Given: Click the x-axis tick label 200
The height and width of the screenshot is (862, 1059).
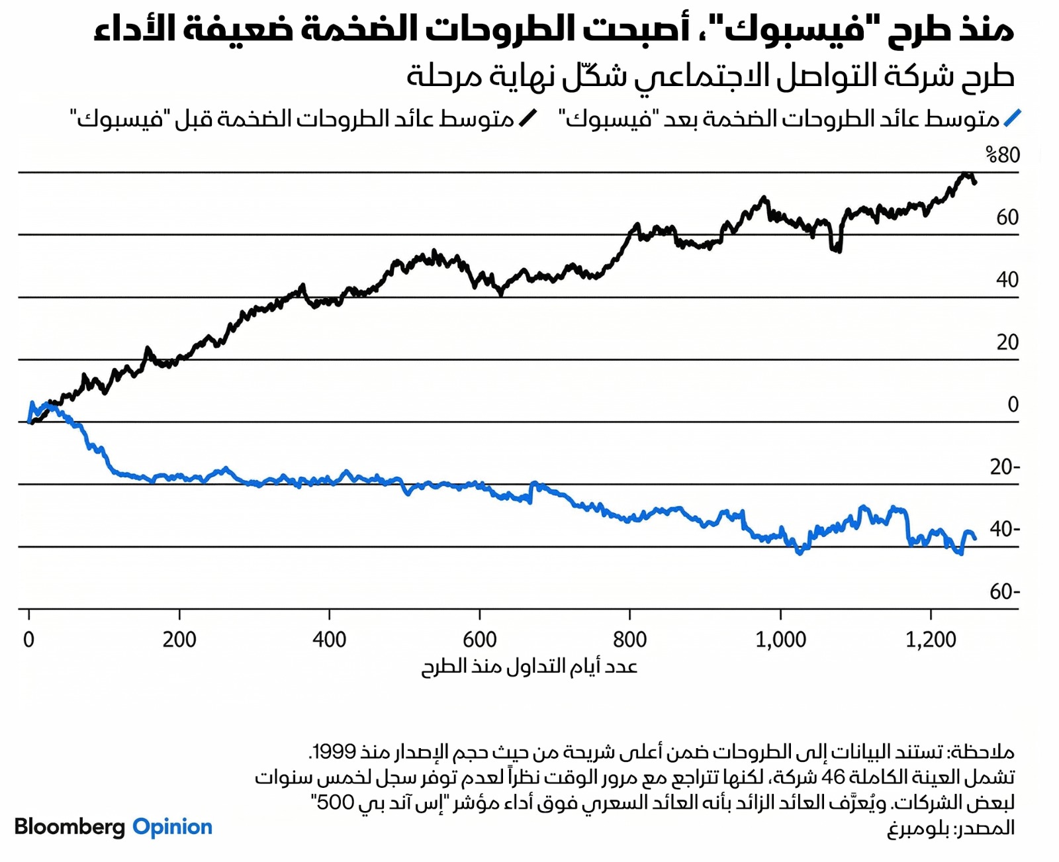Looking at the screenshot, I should (x=179, y=640).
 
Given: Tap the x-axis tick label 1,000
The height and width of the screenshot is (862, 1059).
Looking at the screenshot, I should (x=781, y=640).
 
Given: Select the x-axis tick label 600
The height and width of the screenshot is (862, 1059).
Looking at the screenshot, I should (x=480, y=640).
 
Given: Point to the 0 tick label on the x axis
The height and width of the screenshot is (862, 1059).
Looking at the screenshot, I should (x=28, y=640).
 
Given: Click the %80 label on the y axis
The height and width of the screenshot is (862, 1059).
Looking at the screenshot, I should (x=1003, y=155).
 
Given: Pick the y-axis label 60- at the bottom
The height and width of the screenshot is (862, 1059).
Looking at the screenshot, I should (x=1005, y=591).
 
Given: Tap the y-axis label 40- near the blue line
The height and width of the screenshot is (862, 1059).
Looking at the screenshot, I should (x=1005, y=529).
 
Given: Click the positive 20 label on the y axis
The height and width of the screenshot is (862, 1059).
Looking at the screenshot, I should (x=1007, y=342).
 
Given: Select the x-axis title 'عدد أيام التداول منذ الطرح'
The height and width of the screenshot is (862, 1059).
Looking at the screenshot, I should (x=529, y=666).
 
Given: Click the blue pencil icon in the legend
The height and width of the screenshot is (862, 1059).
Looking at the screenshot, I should (x=1012, y=119).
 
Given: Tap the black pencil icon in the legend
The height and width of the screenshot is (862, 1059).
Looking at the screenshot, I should (x=528, y=119).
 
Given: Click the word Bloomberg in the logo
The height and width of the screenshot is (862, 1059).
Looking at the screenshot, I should (x=69, y=827).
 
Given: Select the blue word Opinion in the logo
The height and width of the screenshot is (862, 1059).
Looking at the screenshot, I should (x=172, y=827).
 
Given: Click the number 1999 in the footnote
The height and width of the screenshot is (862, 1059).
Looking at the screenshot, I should (x=334, y=752).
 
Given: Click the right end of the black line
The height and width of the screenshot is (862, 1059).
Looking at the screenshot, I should (x=975, y=182).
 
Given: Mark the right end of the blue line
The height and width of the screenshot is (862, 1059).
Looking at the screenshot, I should (x=975, y=538).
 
